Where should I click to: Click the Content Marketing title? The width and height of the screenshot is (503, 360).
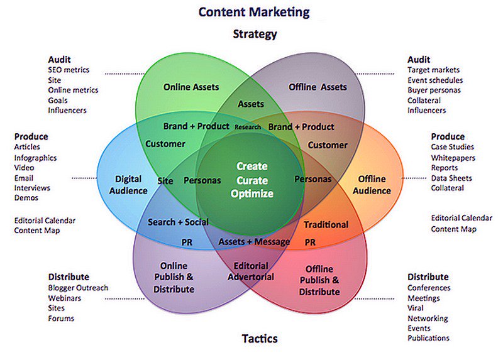click(x=253, y=12)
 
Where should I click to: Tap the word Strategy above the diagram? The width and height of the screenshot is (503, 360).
click(x=255, y=34)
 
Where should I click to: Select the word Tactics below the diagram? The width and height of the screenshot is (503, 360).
click(x=260, y=339)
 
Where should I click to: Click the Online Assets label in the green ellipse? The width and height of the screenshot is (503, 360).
click(x=191, y=87)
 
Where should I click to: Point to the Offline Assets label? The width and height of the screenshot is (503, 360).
click(x=318, y=87)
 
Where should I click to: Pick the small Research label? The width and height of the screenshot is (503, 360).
click(x=247, y=127)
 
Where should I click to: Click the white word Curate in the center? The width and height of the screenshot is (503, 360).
click(x=251, y=180)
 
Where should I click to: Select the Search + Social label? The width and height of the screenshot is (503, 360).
click(x=178, y=222)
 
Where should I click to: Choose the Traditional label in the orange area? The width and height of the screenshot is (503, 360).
click(x=326, y=224)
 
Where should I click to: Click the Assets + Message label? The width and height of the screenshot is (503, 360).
click(x=254, y=241)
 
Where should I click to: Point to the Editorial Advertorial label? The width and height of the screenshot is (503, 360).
click(x=251, y=271)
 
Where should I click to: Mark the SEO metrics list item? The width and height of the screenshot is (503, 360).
click(x=69, y=70)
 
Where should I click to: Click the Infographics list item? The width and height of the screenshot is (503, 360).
click(x=35, y=158)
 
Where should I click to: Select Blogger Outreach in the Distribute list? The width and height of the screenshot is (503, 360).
click(x=78, y=288)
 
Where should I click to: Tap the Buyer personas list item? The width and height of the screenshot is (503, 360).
click(x=434, y=90)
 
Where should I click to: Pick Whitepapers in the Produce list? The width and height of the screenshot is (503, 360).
click(x=453, y=158)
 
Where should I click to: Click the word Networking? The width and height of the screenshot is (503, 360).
click(x=428, y=318)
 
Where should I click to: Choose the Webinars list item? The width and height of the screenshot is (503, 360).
click(x=65, y=298)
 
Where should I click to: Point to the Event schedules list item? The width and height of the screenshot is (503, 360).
click(x=435, y=80)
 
